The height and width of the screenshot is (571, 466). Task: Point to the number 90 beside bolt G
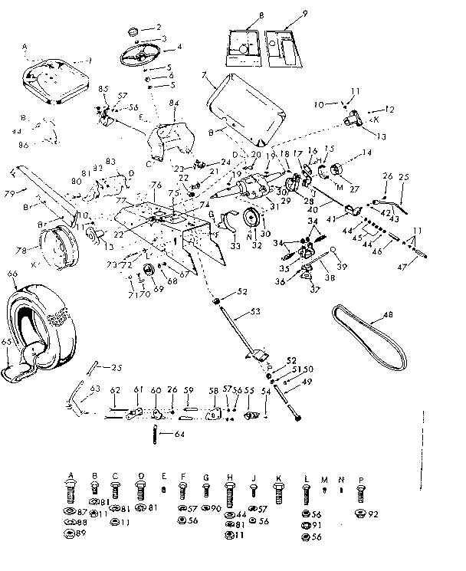tap(217, 509)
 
